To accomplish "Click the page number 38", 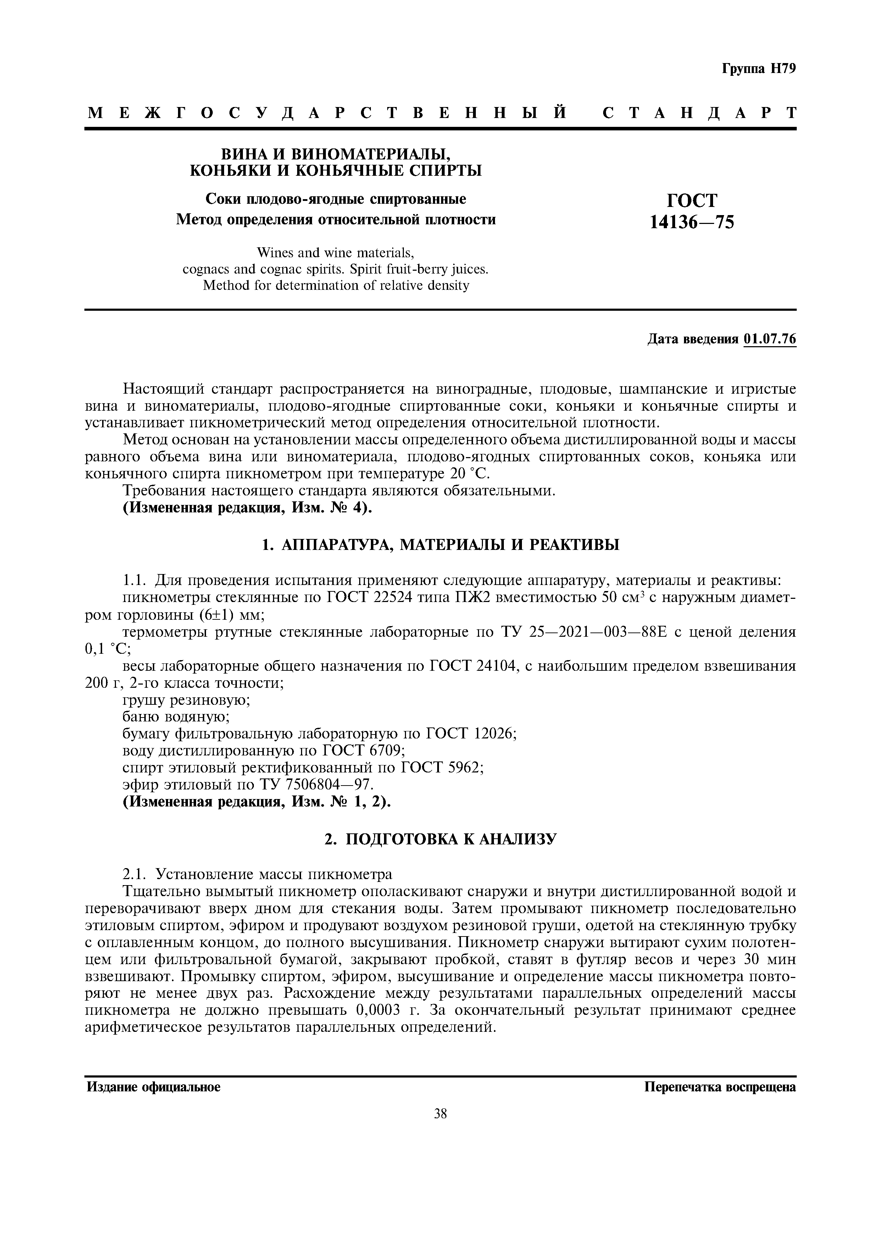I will pyautogui.click(x=440, y=1114).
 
